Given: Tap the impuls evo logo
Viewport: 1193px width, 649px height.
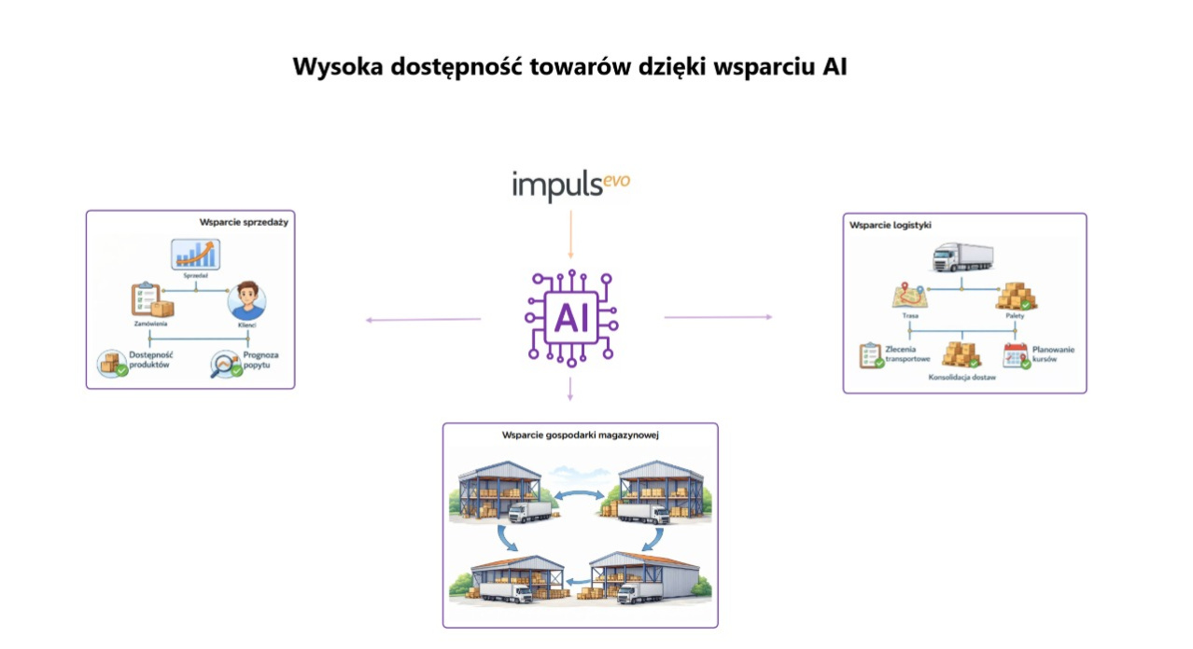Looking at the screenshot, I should pos(570,186).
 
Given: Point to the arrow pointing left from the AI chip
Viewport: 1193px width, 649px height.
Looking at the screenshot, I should pos(423,320).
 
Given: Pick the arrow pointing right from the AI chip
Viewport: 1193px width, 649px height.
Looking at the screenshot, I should pos(718,317).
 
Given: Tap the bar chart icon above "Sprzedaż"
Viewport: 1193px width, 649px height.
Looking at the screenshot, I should pos(195,255).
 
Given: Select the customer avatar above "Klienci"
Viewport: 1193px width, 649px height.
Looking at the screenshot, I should pos(246,300).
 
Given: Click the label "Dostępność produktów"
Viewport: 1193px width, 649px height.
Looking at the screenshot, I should pos(150,361).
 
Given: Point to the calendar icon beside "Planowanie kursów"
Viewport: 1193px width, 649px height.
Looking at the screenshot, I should pos(1016,355).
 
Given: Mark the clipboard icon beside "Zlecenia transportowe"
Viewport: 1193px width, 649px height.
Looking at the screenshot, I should pos(871,355).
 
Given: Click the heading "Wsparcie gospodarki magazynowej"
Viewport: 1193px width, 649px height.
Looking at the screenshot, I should pos(582,435).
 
